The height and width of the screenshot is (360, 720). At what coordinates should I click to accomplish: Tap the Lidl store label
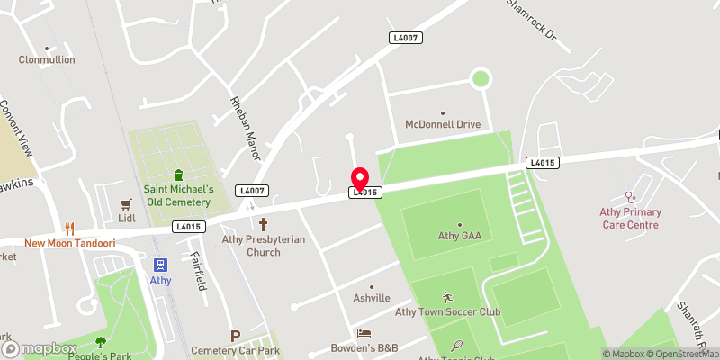click(126, 218)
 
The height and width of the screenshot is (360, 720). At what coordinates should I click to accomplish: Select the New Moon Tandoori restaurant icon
click(68, 229)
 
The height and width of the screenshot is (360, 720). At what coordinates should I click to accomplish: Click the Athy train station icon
click(161, 265)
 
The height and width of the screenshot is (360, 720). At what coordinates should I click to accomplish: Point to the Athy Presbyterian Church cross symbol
click(264, 223)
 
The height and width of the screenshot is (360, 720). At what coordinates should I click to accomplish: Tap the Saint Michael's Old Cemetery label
click(178, 195)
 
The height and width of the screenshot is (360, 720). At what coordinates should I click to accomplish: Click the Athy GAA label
click(459, 237)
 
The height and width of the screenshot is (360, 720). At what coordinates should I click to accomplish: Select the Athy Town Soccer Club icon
click(448, 297)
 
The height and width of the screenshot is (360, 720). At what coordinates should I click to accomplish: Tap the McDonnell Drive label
click(443, 124)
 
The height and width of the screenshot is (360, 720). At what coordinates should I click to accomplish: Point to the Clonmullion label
click(47, 60)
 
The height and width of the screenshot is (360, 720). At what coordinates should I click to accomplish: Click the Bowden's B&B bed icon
click(364, 334)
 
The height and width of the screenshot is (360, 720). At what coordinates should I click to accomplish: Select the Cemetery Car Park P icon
click(236, 336)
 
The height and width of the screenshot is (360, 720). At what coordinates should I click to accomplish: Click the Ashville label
click(372, 298)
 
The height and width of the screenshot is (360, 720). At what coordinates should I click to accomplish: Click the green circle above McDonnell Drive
click(481, 79)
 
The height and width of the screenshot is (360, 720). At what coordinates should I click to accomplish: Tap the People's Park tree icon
click(100, 341)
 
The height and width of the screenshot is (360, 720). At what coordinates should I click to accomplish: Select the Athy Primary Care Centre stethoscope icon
click(630, 194)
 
